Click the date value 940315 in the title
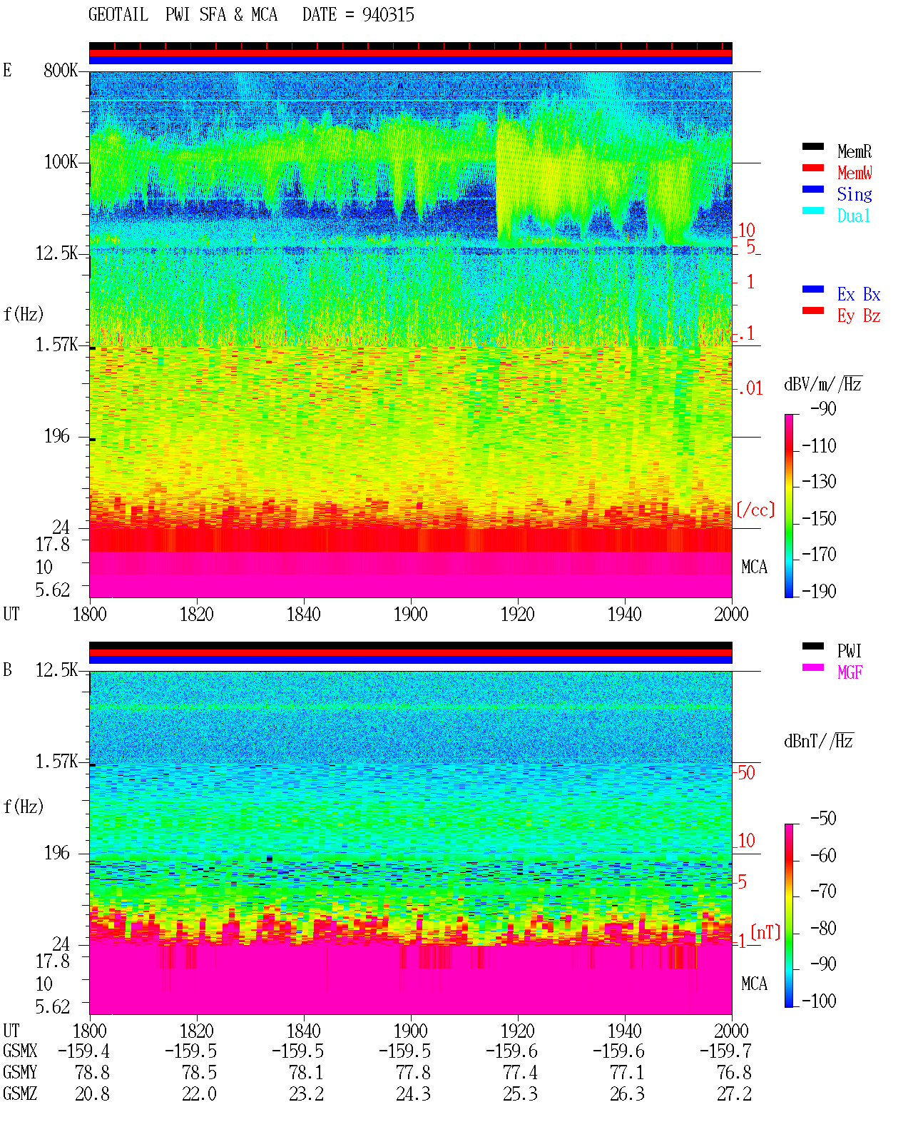point(387,15)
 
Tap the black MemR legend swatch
point(812,146)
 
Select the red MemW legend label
point(854,173)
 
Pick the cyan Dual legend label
point(853,216)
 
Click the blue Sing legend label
point(854,194)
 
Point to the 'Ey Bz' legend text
point(858,316)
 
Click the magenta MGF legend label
point(850,672)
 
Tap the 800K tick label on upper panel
point(61,70)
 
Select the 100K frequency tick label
point(61,162)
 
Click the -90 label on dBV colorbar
point(823,408)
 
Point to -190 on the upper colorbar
point(819,591)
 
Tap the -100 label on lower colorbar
point(819,1001)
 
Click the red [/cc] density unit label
point(755,510)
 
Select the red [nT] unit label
point(765,932)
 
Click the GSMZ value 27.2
point(734,1093)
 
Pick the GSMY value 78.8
point(93,1073)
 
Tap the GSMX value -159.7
point(725,1051)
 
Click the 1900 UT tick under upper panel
point(410,614)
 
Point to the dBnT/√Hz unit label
point(819,741)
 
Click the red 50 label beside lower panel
point(746,773)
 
